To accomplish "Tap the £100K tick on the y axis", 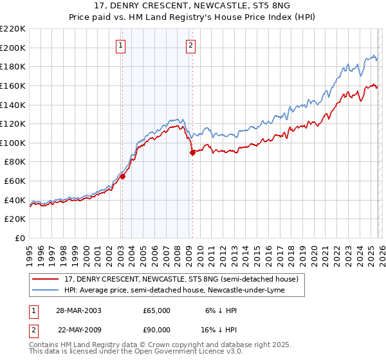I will tap(13, 143).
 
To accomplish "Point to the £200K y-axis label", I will tap(13, 48).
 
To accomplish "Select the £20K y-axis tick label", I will tap(15, 219).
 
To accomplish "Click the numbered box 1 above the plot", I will tap(122, 45).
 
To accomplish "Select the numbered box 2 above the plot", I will tap(192, 45).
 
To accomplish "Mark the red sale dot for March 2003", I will tap(122, 177).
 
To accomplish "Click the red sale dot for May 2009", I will tap(192, 152).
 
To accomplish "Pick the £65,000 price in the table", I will tap(157, 310).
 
